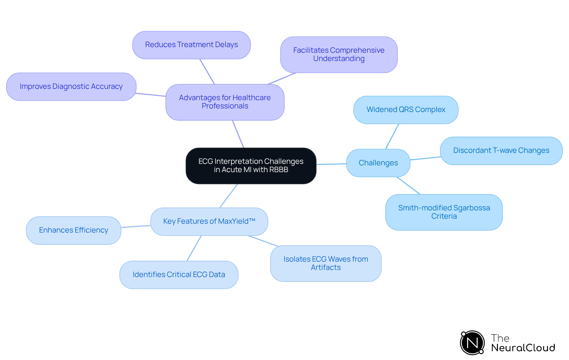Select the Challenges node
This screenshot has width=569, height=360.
coord(378,163)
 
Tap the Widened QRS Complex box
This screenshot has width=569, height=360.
coord(406,110)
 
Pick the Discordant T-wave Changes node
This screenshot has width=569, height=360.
coord(501,151)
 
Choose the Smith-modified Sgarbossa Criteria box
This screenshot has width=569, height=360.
coord(444,212)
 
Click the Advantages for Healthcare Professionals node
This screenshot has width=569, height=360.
coord(225,102)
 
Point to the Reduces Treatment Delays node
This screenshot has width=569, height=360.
coord(191,45)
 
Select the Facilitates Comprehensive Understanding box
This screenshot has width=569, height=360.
coord(339,55)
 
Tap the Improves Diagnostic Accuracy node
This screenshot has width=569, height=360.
coord(71,87)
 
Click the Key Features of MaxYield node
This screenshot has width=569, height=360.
coord(209,221)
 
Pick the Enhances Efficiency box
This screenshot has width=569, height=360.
coord(73,230)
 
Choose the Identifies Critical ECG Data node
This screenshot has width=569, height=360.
coord(179,275)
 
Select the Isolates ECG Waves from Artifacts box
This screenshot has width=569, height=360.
coord(326,263)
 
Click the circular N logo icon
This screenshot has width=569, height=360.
coord(472,343)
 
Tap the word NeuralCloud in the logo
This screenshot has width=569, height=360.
coord(523,348)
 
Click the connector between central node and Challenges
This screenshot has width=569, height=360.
coord(331,164)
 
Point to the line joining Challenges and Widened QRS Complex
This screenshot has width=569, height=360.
coord(392,136)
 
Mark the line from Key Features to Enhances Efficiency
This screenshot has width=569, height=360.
coord(136,226)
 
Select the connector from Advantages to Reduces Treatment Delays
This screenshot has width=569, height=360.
coord(207,71)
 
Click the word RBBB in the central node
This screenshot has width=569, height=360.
coord(279,170)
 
